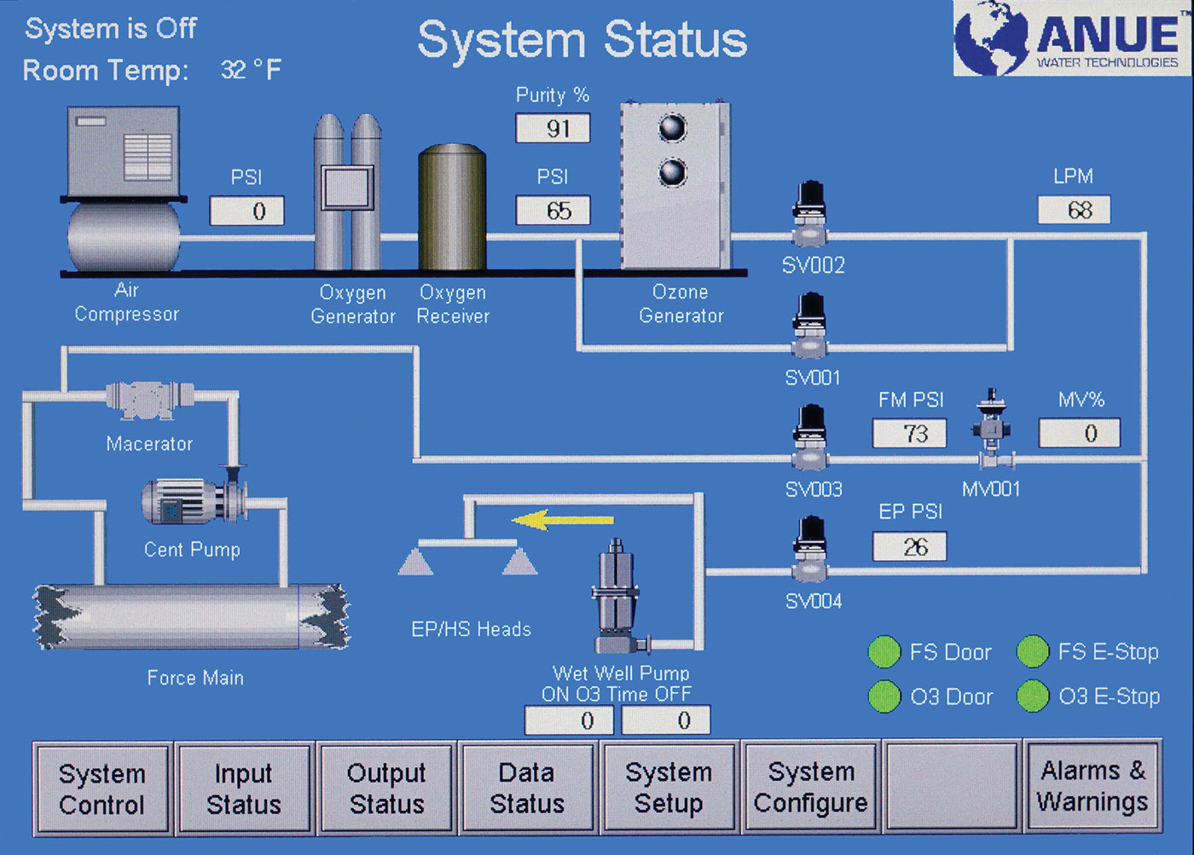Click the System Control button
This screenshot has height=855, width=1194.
click(x=102, y=789)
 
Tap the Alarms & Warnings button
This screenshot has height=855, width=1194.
click(x=1093, y=787)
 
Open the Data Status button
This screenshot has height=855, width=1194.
click(x=527, y=789)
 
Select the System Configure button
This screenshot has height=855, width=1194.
click(x=810, y=789)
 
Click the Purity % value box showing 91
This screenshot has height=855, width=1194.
click(x=553, y=129)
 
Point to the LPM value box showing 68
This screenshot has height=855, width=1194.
click(x=1074, y=210)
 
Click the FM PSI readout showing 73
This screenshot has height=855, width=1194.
click(x=910, y=433)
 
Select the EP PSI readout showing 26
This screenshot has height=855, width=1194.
click(x=910, y=546)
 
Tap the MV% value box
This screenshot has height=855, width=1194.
click(x=1079, y=433)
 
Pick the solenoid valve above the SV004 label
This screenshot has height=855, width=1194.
click(x=809, y=551)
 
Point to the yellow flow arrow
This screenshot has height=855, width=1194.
click(x=563, y=519)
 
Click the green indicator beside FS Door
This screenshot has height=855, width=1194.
click(x=884, y=651)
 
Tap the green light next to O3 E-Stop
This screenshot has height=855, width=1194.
click(x=1032, y=696)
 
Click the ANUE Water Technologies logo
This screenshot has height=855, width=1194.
click(x=1071, y=38)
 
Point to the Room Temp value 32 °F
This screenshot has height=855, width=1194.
click(x=251, y=70)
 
